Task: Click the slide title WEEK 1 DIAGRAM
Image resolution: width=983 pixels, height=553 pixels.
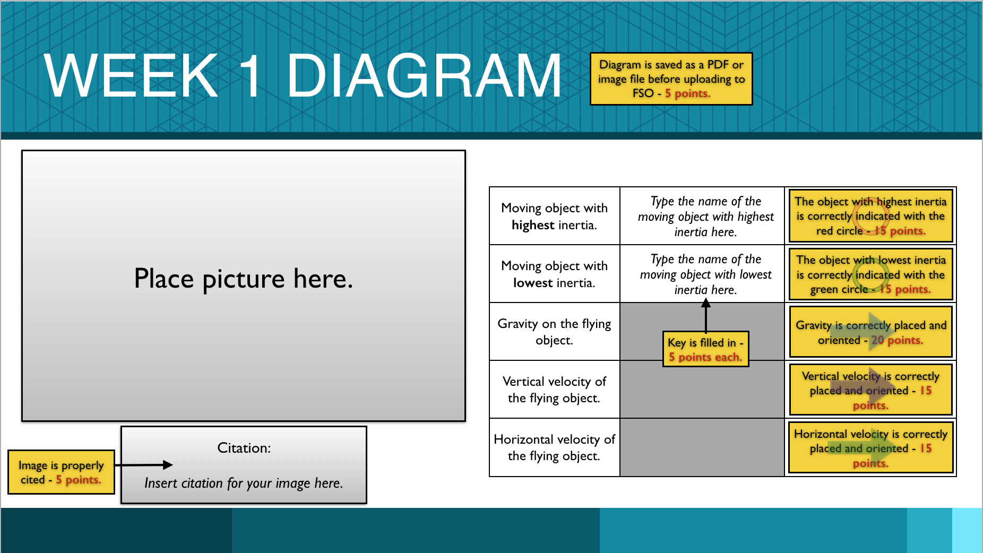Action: pyautogui.click(x=303, y=76)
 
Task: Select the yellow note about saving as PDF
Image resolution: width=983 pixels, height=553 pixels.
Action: pyautogui.click(x=671, y=79)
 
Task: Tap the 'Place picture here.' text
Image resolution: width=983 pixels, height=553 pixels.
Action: pyautogui.click(x=244, y=279)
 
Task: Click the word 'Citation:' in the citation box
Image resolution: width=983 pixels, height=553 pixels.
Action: pyautogui.click(x=244, y=448)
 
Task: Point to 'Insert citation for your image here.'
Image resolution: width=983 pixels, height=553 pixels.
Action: pyautogui.click(x=244, y=483)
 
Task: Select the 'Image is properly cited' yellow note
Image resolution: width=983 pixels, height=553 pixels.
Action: pyautogui.click(x=61, y=472)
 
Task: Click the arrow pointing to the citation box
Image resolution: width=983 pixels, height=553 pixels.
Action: pyautogui.click(x=144, y=465)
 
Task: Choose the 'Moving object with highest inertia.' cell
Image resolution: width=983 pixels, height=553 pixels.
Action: pyautogui.click(x=555, y=216)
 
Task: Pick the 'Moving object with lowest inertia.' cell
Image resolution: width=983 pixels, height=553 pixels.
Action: pyautogui.click(x=555, y=274)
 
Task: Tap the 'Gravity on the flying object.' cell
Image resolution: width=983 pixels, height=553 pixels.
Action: pyautogui.click(x=555, y=332)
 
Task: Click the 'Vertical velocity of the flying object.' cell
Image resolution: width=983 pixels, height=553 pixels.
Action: pyautogui.click(x=555, y=390)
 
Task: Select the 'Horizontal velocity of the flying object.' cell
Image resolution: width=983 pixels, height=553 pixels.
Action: pyautogui.click(x=555, y=447)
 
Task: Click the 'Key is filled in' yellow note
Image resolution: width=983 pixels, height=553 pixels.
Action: pyautogui.click(x=706, y=349)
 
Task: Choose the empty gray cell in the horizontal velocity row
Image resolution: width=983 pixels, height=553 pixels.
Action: pyautogui.click(x=702, y=447)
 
